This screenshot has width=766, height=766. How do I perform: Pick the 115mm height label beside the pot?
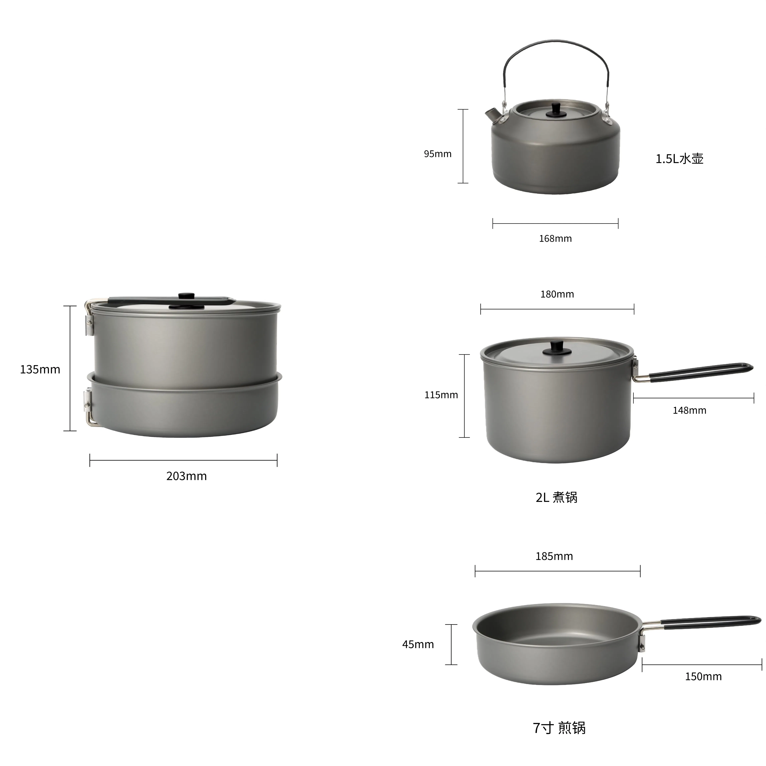[x=441, y=395]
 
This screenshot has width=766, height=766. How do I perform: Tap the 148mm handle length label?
[x=689, y=410]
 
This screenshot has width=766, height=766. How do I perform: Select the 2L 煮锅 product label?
[x=556, y=497]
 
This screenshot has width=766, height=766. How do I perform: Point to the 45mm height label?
[x=418, y=644]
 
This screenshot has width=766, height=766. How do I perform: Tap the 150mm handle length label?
[x=703, y=676]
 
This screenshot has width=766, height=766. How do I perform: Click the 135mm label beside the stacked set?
[x=40, y=369]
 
